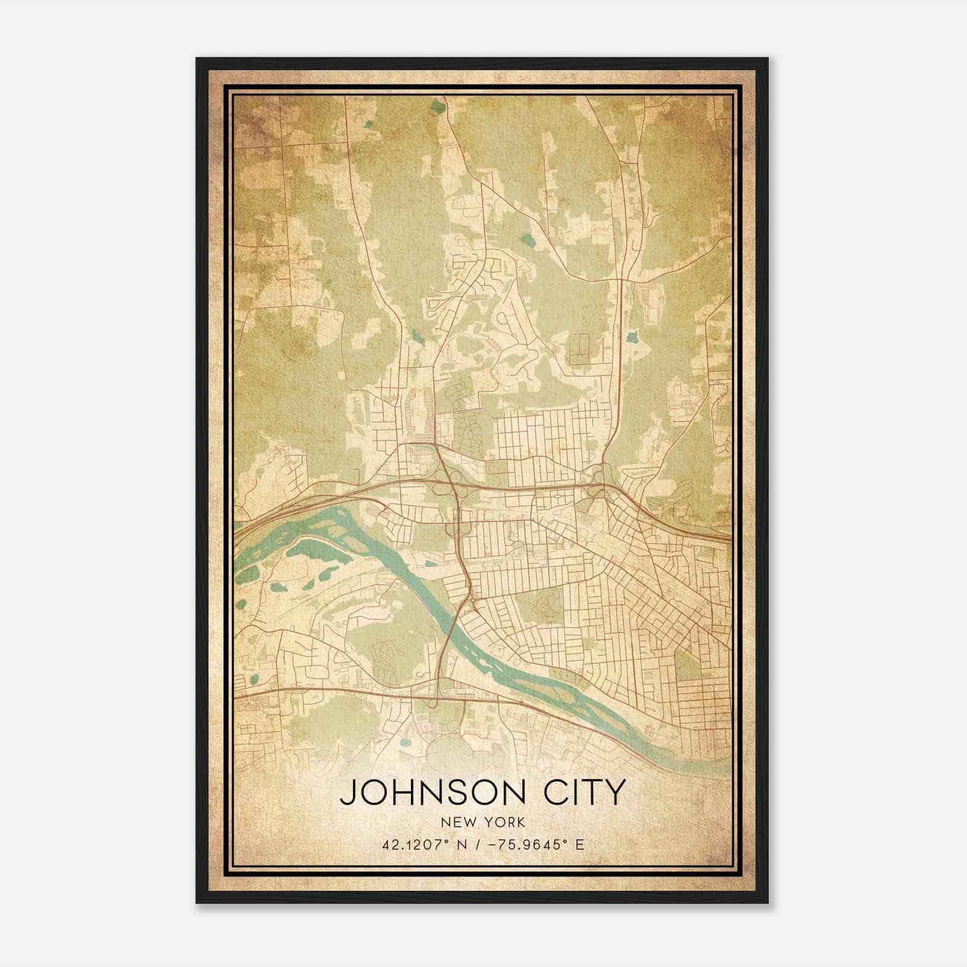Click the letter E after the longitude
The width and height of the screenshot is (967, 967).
pyautogui.click(x=580, y=845)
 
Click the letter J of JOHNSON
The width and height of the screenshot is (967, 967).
pyautogui.click(x=348, y=793)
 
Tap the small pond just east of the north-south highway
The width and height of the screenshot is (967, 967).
pyautogui.click(x=633, y=336)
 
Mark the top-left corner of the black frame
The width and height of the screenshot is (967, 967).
pyautogui.click(x=197, y=59)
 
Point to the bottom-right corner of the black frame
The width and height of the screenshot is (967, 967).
pyautogui.click(x=768, y=902)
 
